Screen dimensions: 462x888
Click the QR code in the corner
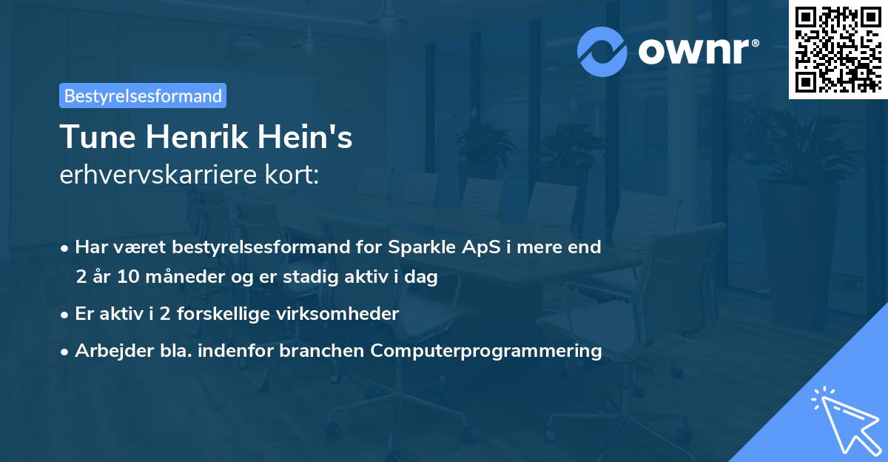[838, 49]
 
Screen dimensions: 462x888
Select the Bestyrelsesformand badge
[143, 96]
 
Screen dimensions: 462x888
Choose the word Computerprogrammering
[486, 351]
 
